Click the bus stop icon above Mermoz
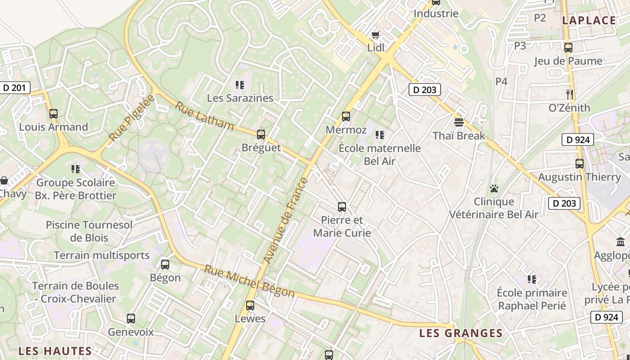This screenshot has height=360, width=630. pos(346,117)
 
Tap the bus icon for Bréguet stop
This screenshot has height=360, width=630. pos(261,134)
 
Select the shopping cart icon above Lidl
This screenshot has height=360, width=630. pos(375,35)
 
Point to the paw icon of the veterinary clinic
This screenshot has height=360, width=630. pos(494,189)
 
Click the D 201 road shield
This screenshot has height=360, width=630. pos(15,88)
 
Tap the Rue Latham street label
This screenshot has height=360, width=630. pos(204,116)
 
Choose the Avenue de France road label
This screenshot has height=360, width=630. pos(285,221)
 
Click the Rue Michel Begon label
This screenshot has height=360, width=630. pos(249,281)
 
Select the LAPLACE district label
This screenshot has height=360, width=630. pos(589,20)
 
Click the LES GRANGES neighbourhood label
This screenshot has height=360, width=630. pos(461,333)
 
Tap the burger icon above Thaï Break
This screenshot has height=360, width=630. pos(459,122)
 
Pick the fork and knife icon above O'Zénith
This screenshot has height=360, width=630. pos(569,94)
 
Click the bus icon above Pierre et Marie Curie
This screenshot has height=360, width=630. pos(342,207)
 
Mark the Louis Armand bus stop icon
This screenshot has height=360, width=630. pos(54,114)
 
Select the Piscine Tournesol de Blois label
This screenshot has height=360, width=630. pos(89,231)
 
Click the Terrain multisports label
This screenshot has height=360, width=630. pos(102,255)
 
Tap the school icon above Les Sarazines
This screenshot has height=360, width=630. pos(240,85)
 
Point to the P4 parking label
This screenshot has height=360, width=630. pos(501,81)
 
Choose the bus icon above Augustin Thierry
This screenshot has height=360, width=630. pos(580,164)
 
